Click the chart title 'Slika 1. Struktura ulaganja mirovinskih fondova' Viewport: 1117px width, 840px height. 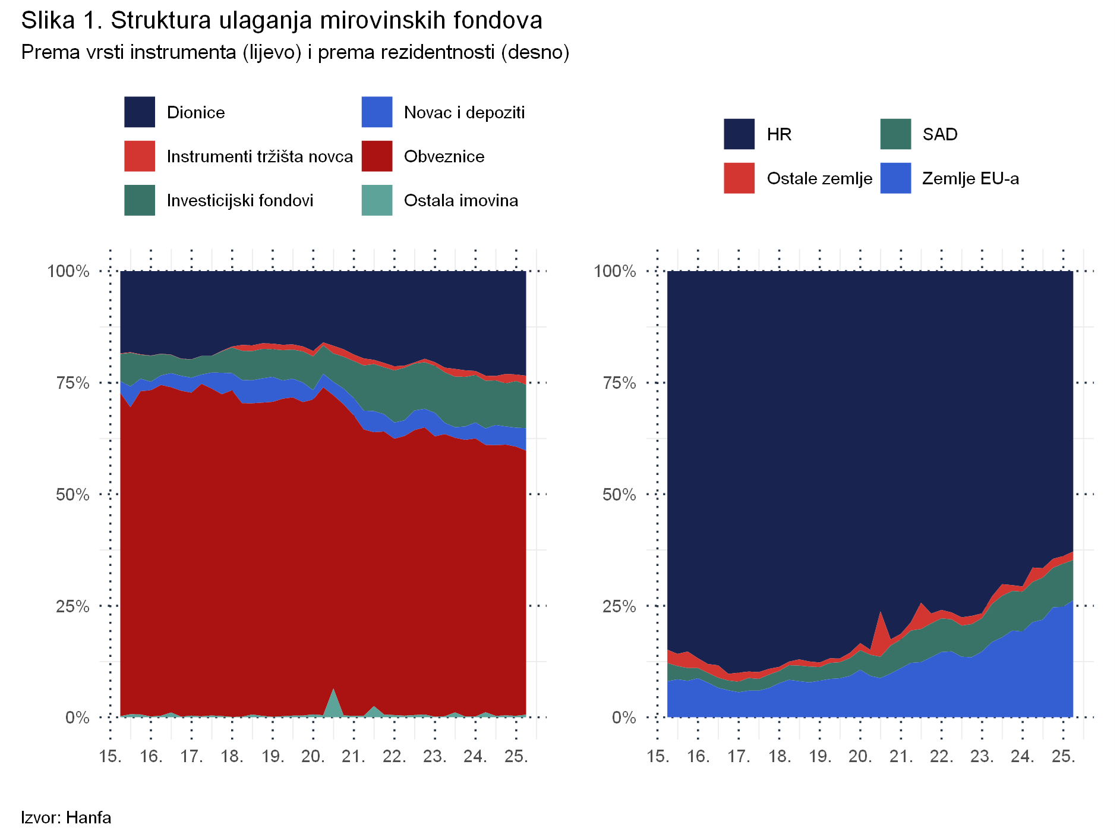click(x=282, y=21)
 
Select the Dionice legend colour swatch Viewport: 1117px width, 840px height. click(x=140, y=112)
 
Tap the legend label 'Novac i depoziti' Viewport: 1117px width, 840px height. click(x=464, y=112)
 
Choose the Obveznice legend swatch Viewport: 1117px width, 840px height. click(x=377, y=156)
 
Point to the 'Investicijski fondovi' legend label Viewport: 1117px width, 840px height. click(x=240, y=200)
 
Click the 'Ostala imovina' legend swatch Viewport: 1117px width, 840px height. click(x=377, y=200)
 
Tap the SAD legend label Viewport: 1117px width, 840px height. click(x=940, y=134)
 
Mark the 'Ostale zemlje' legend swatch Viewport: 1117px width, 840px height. click(x=739, y=178)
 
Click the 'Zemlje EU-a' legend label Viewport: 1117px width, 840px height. click(x=970, y=178)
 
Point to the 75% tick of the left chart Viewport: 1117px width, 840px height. click(x=72, y=383)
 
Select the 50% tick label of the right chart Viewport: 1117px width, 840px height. click(x=619, y=495)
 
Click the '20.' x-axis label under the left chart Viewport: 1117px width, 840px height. click(x=313, y=756)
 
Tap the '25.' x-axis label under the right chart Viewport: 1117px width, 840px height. click(x=1063, y=756)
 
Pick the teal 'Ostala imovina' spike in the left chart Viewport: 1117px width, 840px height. click(x=334, y=703)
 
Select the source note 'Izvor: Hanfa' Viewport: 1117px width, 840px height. click(x=66, y=817)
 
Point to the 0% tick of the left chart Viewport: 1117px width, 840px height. click(x=77, y=718)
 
